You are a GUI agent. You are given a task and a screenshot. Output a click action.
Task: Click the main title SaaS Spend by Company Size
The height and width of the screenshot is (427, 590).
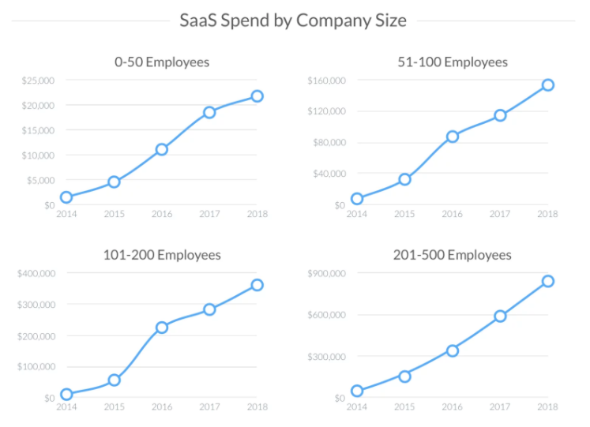coord(293,20)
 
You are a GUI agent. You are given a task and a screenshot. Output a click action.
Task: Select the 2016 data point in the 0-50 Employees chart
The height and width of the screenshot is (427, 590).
coord(161,149)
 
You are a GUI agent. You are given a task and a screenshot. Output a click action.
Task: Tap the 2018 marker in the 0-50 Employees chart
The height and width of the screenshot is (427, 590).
coord(257,96)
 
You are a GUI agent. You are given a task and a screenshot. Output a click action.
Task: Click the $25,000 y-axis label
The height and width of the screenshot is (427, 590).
coord(37,81)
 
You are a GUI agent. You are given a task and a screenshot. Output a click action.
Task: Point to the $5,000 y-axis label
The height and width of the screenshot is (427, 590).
coord(39,180)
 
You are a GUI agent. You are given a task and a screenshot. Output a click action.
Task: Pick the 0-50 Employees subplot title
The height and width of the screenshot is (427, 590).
coord(161,62)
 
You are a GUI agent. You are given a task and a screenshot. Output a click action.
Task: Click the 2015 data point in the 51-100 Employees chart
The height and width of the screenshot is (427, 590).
coord(404,179)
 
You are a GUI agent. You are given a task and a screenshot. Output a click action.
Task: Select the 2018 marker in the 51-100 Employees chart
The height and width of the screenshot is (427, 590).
coord(547,84)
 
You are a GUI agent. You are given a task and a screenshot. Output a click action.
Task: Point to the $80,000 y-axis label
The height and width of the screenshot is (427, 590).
coord(330,143)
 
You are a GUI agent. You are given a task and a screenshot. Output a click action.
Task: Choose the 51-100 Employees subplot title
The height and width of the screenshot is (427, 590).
coord(452,62)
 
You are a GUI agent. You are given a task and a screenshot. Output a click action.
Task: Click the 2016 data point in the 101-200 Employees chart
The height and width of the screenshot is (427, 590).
coord(161,328)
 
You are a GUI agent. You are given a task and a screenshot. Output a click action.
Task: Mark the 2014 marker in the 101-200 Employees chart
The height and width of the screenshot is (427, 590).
coord(66,394)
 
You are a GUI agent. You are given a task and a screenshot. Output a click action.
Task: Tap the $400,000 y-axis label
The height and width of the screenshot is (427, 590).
coord(36,273)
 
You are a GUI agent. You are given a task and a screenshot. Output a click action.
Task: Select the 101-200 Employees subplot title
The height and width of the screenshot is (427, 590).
coord(161,255)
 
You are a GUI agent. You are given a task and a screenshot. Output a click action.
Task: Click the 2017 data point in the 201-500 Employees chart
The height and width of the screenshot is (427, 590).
coord(500,316)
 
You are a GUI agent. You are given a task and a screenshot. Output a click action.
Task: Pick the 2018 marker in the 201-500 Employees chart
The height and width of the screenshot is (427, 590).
coord(547,281)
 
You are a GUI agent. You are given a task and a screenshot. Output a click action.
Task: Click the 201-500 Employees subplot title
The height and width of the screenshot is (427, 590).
coord(452,255)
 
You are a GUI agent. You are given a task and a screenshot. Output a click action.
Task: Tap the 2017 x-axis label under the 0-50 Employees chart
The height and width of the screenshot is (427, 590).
coord(209,214)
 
